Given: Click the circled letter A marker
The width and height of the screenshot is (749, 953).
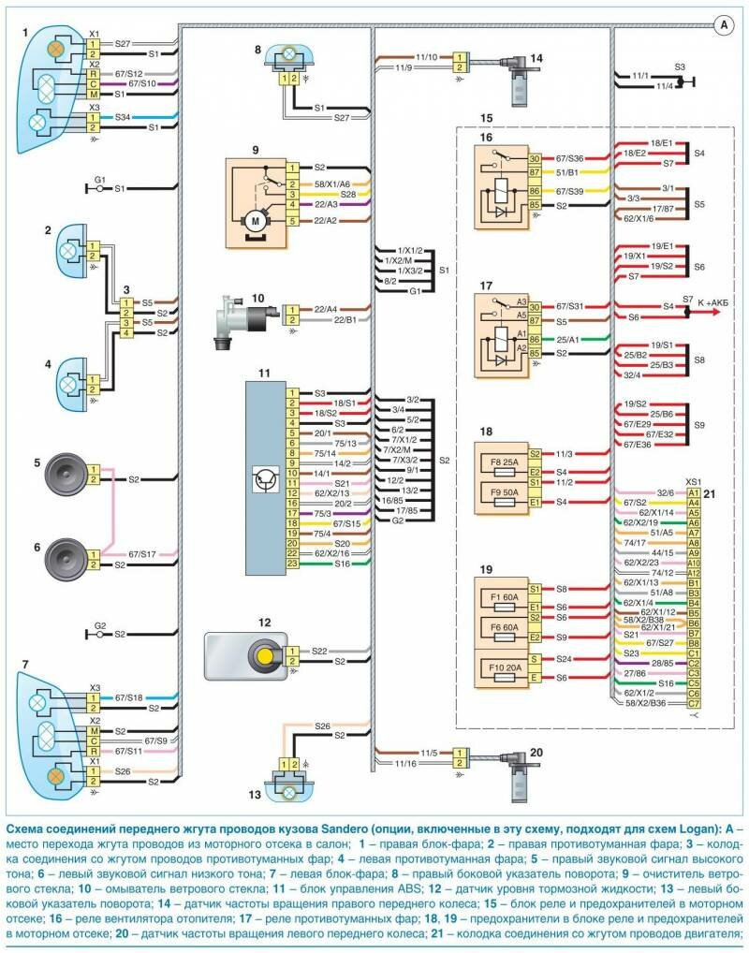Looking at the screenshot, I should pyautogui.click(x=725, y=25).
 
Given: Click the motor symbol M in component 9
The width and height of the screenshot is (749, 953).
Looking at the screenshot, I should pyautogui.click(x=253, y=220).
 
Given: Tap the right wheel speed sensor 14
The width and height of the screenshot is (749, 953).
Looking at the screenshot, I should pyautogui.click(x=513, y=81).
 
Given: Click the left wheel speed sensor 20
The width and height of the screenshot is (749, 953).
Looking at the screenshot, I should pyautogui.click(x=513, y=774).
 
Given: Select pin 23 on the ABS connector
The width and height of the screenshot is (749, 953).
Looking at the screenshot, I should pyautogui.click(x=292, y=564).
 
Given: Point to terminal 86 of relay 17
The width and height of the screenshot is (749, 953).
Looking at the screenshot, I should pyautogui.click(x=535, y=341).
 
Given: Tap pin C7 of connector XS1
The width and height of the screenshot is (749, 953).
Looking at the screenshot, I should pyautogui.click(x=694, y=703).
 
